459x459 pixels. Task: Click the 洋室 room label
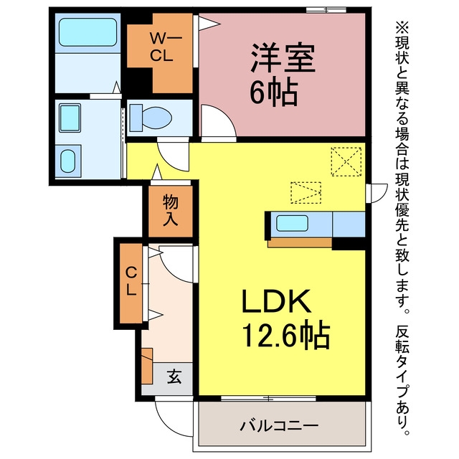pyautogui.click(x=283, y=58)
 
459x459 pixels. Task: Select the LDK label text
pyautogui.click(x=276, y=301)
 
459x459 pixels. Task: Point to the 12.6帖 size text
pyautogui.click(x=286, y=334)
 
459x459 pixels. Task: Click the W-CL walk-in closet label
pyautogui.click(x=165, y=47)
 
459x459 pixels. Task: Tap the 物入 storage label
pyautogui.click(x=171, y=210)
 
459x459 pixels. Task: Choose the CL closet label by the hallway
pyautogui.click(x=131, y=282)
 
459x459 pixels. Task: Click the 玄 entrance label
pyautogui.click(x=174, y=377)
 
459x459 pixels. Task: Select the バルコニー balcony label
pyautogui.click(x=279, y=425)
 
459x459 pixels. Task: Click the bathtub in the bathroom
pyautogui.click(x=87, y=32)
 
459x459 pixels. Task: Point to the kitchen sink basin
pyautogui.click(x=292, y=223)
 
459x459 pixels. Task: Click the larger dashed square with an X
pyautogui.click(x=346, y=161)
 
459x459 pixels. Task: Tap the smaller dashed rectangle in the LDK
pyautogui.click(x=306, y=193)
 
